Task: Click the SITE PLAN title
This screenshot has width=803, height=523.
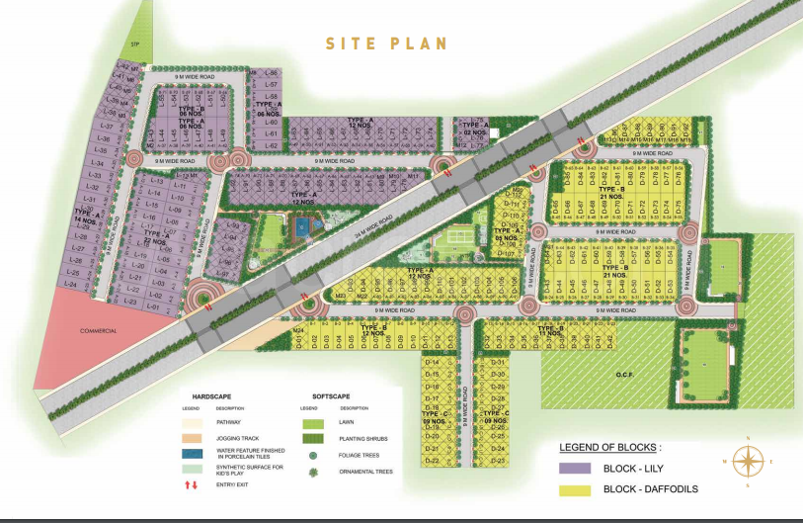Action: [x=387, y=44]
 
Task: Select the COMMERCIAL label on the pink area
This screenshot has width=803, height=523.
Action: [x=99, y=330]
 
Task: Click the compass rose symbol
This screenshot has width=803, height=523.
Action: [x=749, y=460]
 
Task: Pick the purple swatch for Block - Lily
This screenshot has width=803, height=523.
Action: [x=574, y=468]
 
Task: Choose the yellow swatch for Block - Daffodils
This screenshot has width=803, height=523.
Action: [x=574, y=489]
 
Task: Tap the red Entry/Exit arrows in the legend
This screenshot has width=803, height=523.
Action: [x=194, y=485]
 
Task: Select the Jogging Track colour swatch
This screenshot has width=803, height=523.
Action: [x=194, y=438]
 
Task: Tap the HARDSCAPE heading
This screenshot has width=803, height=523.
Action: [x=212, y=394]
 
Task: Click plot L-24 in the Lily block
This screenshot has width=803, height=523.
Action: [x=70, y=284]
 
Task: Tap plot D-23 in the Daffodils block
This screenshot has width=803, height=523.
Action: [x=499, y=460]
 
